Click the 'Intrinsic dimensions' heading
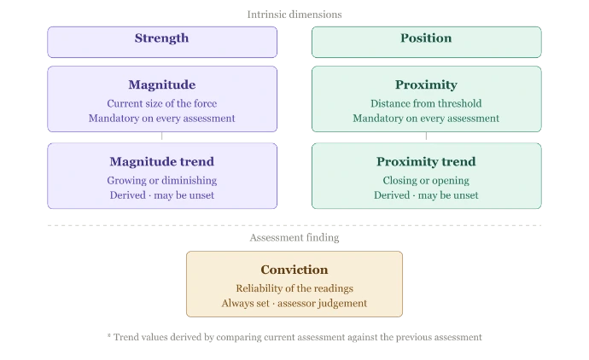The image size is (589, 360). [294, 15]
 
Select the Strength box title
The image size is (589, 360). [162, 38]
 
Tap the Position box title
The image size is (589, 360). [426, 38]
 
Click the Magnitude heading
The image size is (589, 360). [162, 84]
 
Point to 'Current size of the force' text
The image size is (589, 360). [162, 103]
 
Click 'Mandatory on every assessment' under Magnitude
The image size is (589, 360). [162, 119]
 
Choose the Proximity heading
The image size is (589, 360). [426, 84]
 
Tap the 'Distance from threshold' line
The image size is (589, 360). [426, 103]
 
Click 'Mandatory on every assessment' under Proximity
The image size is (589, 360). [426, 119]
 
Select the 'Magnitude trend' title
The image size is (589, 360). [162, 161]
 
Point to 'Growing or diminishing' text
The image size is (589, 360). [162, 181]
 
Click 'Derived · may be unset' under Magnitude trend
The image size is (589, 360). [162, 195]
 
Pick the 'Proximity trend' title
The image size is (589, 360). [426, 161]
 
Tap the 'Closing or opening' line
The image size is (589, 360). [426, 181]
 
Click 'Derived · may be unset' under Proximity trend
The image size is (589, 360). [426, 195]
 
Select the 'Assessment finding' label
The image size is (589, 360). [294, 238]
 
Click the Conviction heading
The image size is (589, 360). [294, 270]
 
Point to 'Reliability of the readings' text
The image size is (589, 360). [294, 288]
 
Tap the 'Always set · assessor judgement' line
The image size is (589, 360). [294, 304]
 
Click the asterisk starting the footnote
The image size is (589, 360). [109, 335]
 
